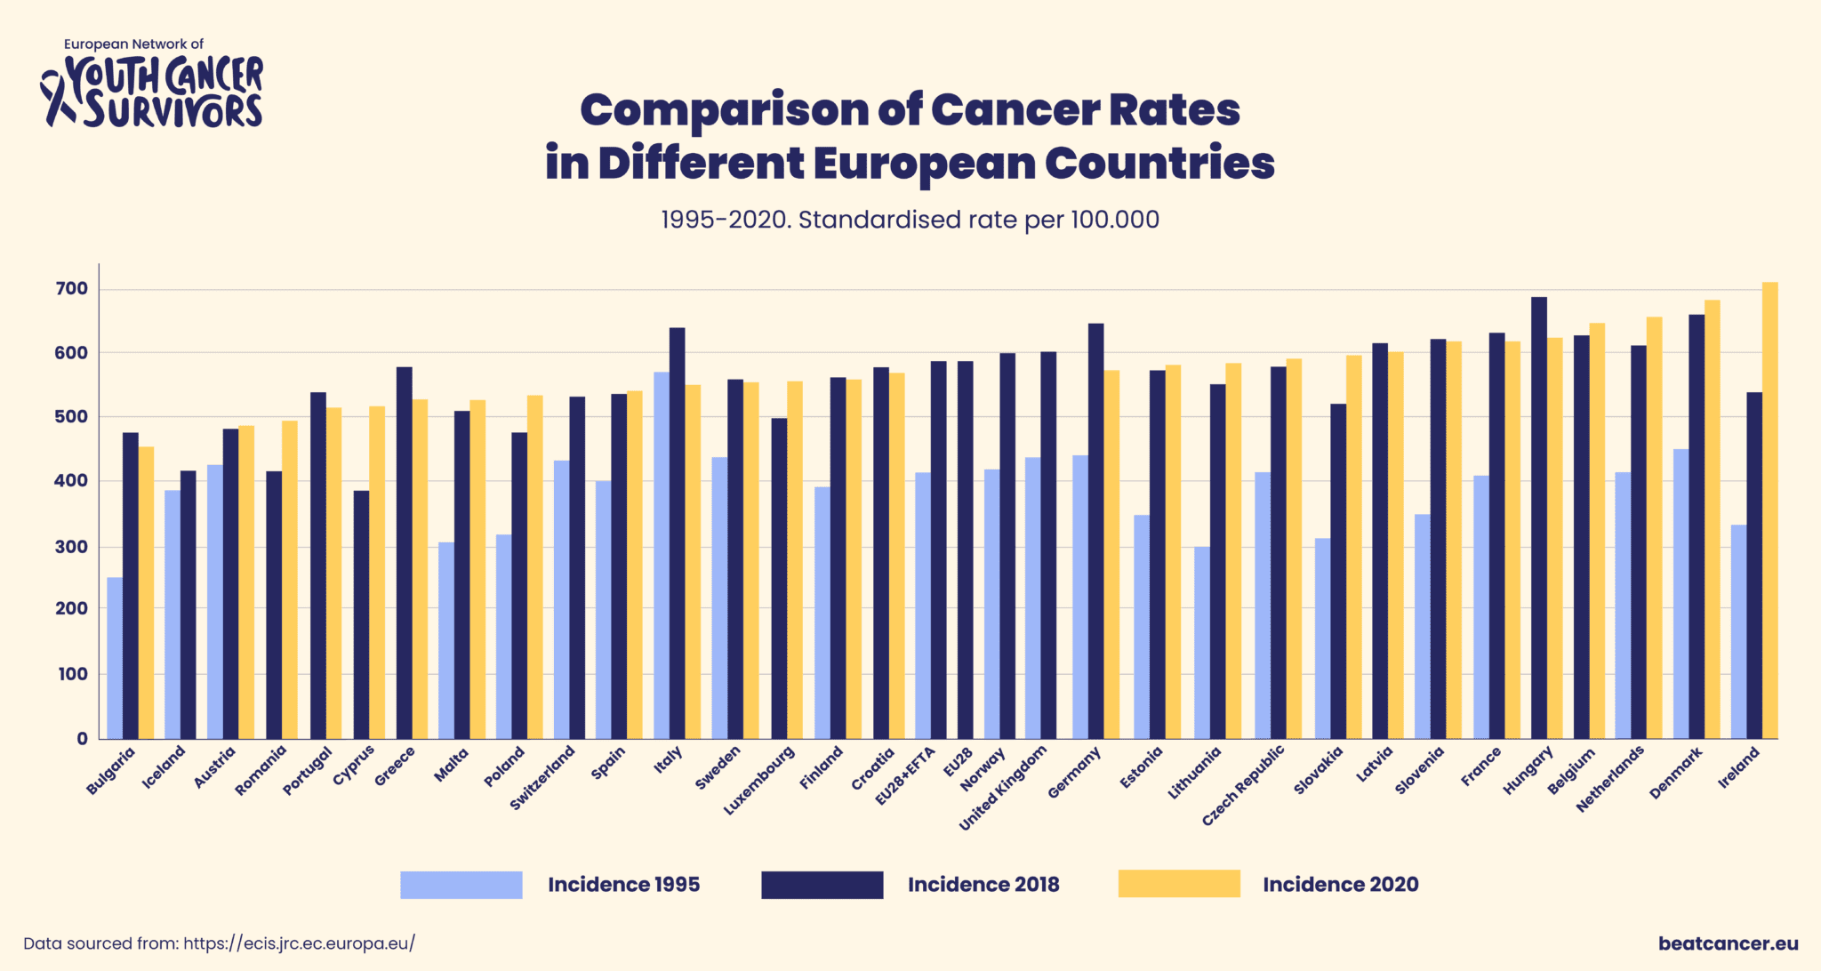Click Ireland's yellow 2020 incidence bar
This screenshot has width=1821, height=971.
(1769, 510)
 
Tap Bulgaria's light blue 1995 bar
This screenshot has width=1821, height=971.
(115, 658)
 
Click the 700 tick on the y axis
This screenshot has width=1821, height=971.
(71, 289)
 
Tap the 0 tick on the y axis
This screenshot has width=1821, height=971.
(82, 738)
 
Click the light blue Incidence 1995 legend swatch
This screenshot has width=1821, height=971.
(461, 885)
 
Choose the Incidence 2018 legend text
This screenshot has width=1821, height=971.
(983, 885)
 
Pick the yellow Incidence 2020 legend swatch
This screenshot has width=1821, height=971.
(1178, 884)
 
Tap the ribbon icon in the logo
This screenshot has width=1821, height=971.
(57, 98)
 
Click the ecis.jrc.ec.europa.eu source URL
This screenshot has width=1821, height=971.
(299, 943)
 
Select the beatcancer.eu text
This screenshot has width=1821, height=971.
(1728, 943)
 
